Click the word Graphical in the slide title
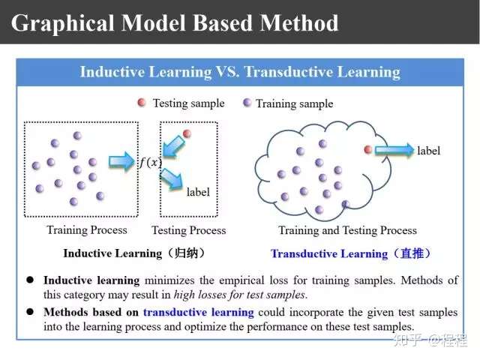click(62, 24)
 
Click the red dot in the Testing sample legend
click(142, 103)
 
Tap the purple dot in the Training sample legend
click(247, 103)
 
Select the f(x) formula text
click(151, 162)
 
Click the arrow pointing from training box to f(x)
click(121, 161)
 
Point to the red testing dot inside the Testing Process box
click(187, 133)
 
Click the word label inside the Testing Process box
click(198, 192)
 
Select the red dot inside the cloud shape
click(368, 150)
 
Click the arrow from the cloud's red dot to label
click(394, 150)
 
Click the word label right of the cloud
click(428, 151)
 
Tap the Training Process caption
click(87, 230)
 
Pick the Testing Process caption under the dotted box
click(189, 230)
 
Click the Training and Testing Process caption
click(347, 230)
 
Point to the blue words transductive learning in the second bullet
click(198, 312)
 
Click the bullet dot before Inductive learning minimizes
click(30, 280)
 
